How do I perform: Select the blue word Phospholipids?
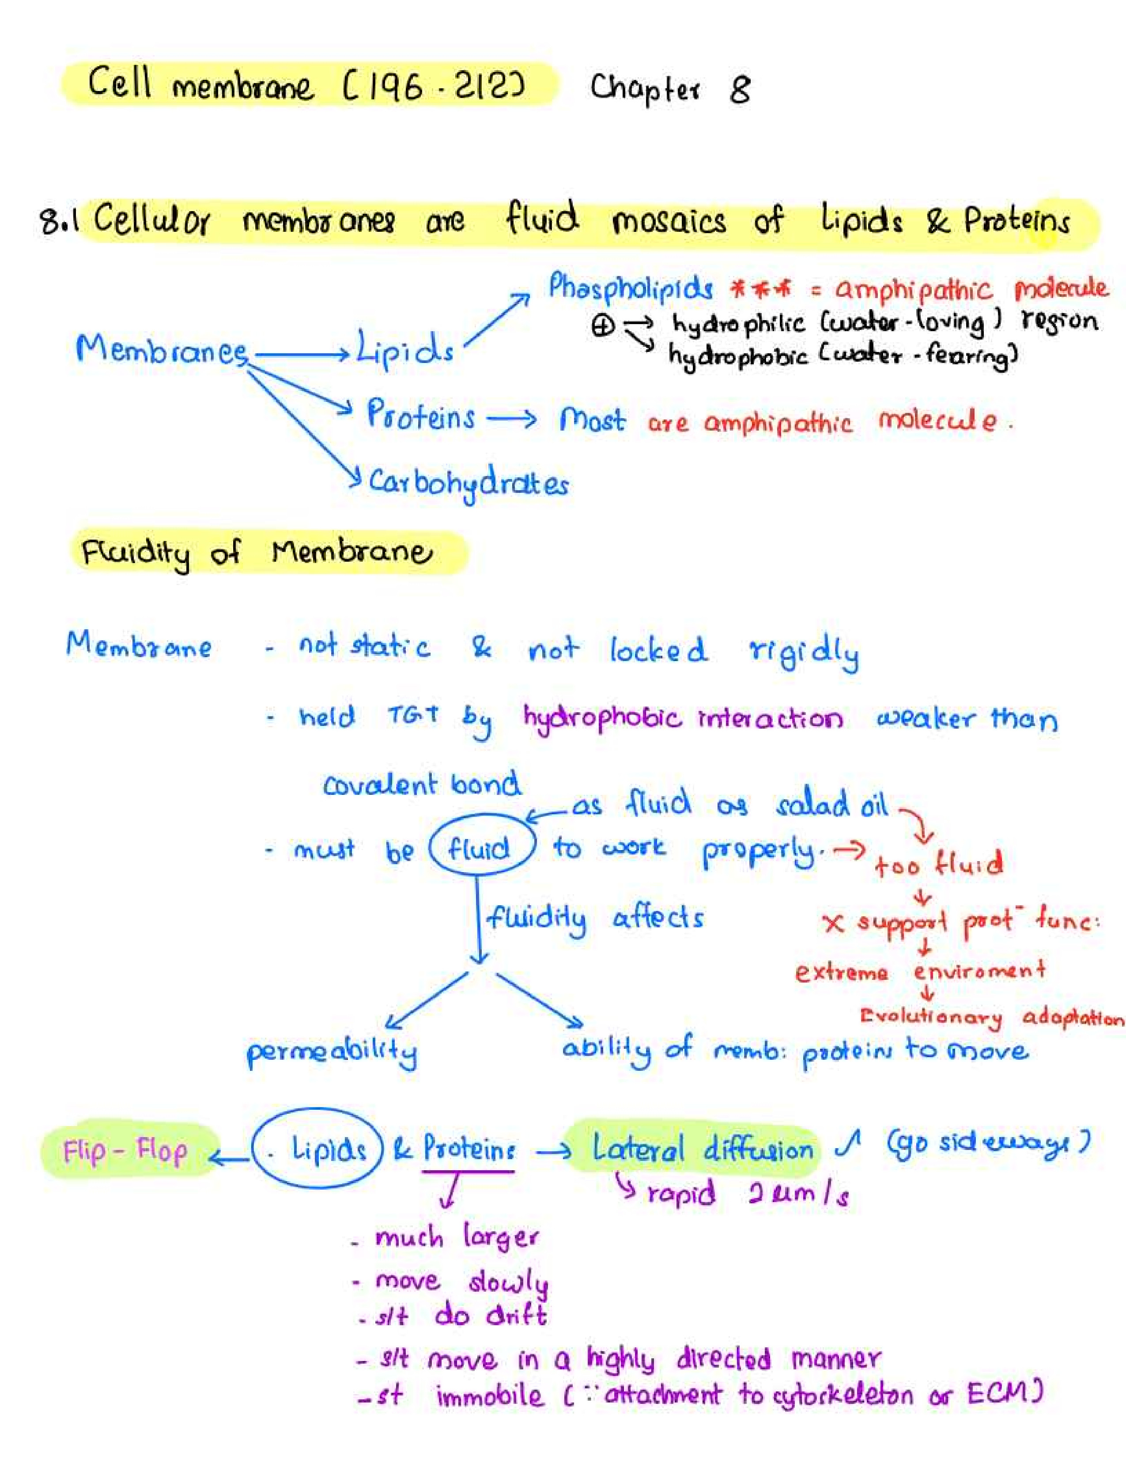coord(630,288)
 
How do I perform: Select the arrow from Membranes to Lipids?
coord(302,354)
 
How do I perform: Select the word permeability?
coord(332,1052)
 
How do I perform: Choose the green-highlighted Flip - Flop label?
coord(125,1151)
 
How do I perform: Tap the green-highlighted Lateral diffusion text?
coord(702,1149)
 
